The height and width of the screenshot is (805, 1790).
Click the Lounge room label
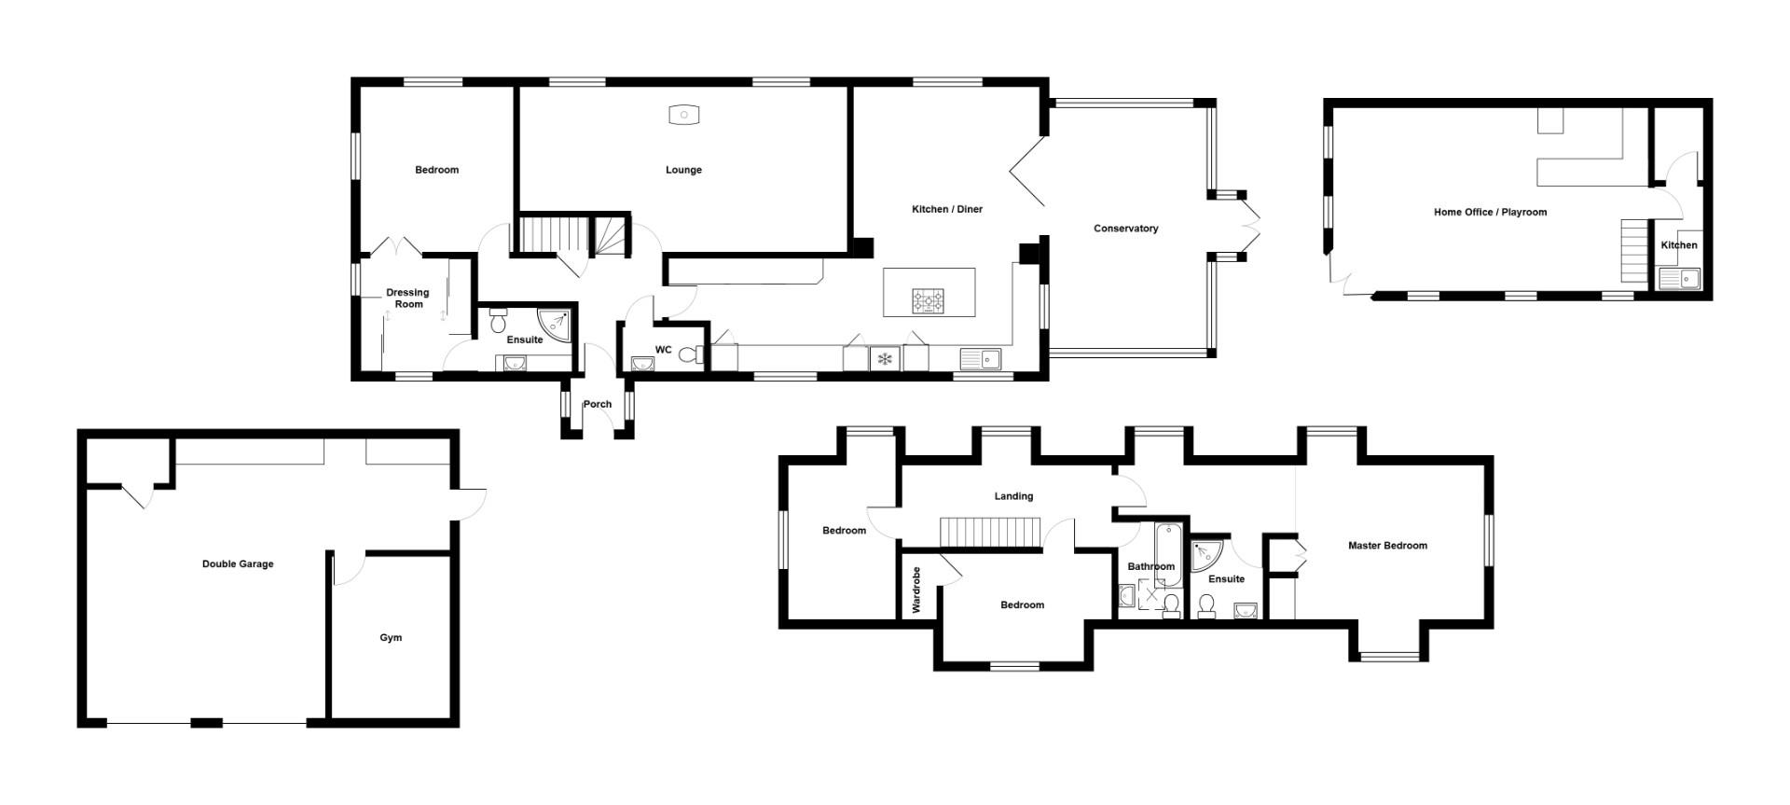683,170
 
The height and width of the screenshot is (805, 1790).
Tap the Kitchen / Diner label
947,209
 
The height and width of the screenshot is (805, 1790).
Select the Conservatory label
1125,229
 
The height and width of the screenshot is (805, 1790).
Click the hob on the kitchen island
928,300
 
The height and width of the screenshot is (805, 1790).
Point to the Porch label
598,404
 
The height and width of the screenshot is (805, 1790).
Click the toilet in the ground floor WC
690,354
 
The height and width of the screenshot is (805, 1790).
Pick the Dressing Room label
407,298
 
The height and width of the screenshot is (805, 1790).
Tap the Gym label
391,638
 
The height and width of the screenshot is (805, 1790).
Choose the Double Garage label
238,564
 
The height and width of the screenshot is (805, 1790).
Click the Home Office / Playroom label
1490,213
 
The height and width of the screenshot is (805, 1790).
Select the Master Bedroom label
1387,546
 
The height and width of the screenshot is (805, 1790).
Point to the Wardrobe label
916,590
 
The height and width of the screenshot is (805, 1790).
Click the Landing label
1013,496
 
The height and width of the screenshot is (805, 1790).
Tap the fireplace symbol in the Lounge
684,115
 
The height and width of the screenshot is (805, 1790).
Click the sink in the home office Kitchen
1679,278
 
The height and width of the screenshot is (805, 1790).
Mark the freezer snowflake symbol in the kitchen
885,359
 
